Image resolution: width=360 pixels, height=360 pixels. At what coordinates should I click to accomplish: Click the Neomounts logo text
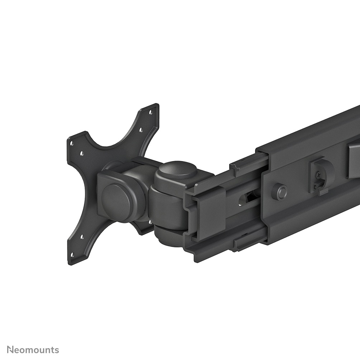pos(33,350)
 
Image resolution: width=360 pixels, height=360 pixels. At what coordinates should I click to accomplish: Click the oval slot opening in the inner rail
pos(247,198)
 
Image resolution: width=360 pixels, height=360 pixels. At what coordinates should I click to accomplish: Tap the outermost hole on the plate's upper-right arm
pos(151,112)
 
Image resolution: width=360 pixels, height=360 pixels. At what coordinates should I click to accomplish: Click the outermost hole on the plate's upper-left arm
pos(72,143)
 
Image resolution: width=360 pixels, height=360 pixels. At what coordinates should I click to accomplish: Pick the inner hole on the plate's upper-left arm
pos(82,153)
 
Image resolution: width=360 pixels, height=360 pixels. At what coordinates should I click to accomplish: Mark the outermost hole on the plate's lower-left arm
pos(72,254)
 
